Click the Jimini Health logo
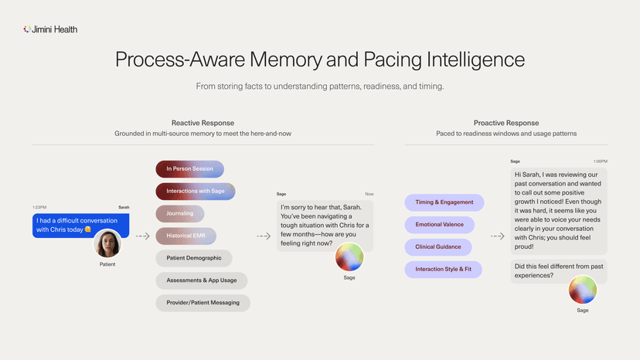(50, 29)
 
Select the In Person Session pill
(190, 169)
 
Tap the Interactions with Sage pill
(196, 191)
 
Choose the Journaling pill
(180, 213)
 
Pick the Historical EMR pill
(186, 236)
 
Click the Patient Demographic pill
(194, 258)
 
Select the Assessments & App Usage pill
(202, 280)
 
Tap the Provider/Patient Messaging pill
(203, 303)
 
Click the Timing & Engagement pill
(444, 202)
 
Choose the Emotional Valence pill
(440, 225)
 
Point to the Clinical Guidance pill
(438, 247)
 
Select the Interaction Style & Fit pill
(443, 270)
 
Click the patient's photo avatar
(107, 243)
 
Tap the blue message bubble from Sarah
(81, 226)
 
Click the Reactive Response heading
(203, 123)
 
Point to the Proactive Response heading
(506, 123)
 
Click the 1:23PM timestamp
(39, 207)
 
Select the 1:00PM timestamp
(601, 161)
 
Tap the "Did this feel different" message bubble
(559, 271)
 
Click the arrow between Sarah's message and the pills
(143, 236)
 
